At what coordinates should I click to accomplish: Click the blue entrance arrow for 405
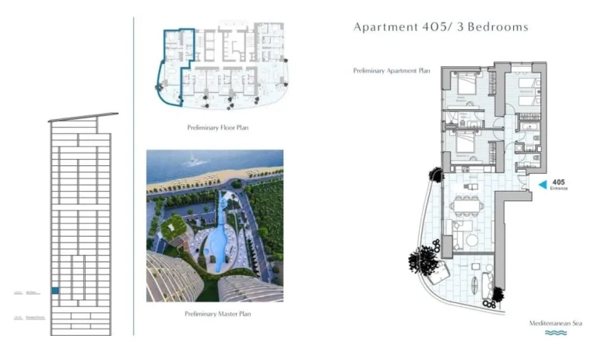click(543, 185)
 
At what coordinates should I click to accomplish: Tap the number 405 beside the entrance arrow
click(558, 182)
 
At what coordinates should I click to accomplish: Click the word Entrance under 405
click(559, 189)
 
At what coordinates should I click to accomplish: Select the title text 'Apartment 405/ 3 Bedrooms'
click(441, 27)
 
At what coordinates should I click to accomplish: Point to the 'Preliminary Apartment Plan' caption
click(392, 70)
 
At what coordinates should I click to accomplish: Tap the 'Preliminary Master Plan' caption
click(216, 313)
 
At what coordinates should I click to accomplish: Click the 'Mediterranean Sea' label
click(556, 323)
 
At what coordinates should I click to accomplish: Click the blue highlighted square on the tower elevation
click(55, 291)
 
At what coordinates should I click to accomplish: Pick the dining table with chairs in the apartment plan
click(467, 206)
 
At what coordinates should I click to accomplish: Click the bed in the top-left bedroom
click(466, 84)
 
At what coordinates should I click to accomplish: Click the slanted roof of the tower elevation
click(83, 118)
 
